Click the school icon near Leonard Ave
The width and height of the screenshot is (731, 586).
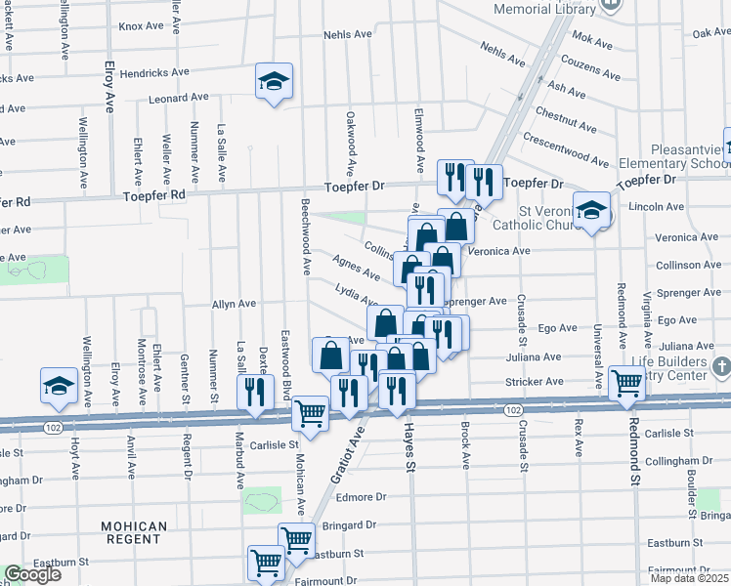(275, 82)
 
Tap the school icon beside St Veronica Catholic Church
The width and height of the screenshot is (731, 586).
(592, 211)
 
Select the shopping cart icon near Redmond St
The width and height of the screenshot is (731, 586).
(626, 385)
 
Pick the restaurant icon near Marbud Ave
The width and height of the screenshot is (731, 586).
(252, 394)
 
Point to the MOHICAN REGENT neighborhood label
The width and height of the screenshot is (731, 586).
(133, 532)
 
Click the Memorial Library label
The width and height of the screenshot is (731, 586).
(544, 9)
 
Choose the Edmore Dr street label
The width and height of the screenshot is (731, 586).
(362, 497)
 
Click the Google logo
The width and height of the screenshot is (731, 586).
(31, 574)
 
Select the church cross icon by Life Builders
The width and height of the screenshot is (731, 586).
(721, 368)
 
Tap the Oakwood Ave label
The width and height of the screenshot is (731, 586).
(349, 137)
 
